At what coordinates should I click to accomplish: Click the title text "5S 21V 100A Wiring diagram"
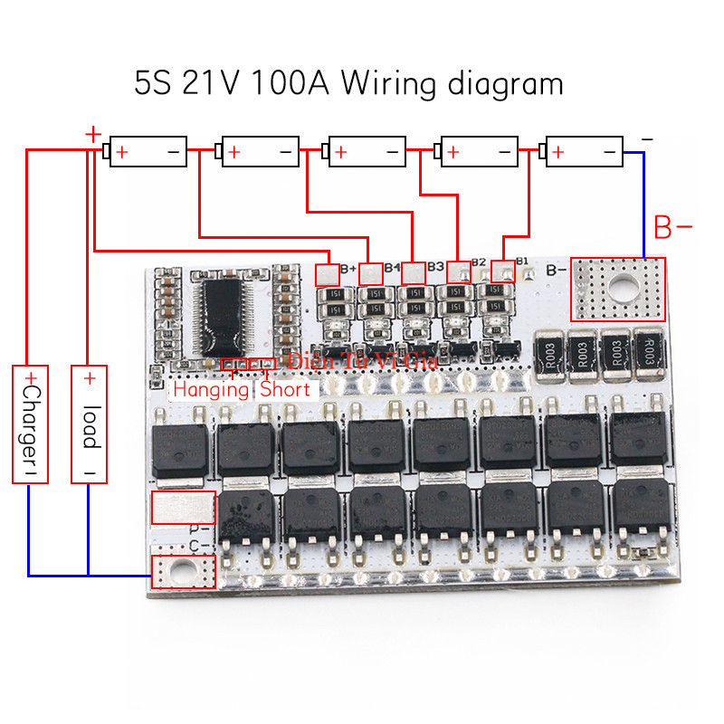(x=348, y=83)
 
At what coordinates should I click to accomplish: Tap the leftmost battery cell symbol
(x=148, y=152)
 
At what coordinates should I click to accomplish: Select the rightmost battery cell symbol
(x=585, y=152)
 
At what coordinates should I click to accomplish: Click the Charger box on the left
(x=29, y=424)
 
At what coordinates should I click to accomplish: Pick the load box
(x=89, y=424)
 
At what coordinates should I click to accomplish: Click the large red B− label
(x=673, y=228)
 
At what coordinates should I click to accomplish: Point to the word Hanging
(x=211, y=390)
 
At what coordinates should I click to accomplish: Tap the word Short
(x=285, y=390)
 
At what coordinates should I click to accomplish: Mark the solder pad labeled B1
(x=502, y=271)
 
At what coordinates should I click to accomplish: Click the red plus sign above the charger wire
(x=92, y=134)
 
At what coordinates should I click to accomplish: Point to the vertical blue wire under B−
(x=643, y=204)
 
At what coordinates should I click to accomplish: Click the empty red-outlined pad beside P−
(x=183, y=508)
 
